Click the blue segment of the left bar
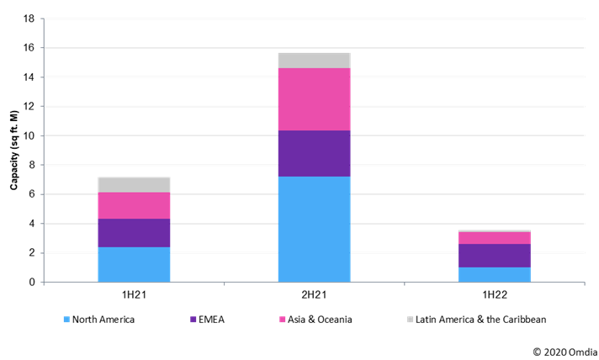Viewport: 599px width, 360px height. [134, 264]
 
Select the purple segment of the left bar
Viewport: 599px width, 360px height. [134, 233]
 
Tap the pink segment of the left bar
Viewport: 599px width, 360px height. [134, 206]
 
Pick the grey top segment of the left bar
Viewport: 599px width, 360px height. [134, 185]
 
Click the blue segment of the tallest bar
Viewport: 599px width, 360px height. [314, 229]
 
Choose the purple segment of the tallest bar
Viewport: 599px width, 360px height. [314, 154]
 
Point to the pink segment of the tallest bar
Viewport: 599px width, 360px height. [314, 99]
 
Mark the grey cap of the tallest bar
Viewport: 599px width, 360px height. [314, 61]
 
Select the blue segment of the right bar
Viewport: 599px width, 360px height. [494, 274]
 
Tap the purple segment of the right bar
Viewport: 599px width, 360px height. [494, 256]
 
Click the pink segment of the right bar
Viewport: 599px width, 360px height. [494, 238]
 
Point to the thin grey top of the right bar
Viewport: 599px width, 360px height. [494, 230]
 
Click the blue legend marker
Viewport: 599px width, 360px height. [66, 320]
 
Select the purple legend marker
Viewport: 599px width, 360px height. [193, 320]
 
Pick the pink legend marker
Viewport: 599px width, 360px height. [283, 320]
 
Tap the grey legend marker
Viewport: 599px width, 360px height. [411, 320]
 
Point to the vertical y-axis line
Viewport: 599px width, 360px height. [44, 151]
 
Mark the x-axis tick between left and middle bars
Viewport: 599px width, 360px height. [224, 283]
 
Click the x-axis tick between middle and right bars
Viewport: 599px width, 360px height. [404, 283]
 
